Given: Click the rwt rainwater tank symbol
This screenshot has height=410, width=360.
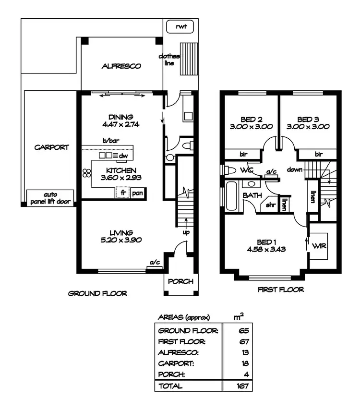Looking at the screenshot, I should pyautogui.click(x=180, y=27).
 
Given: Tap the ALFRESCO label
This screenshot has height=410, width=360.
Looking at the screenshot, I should pyautogui.click(x=121, y=66).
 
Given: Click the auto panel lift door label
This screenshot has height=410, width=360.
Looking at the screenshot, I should pyautogui.click(x=50, y=199).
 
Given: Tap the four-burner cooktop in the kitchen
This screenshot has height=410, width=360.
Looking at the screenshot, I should pyautogui.click(x=86, y=174).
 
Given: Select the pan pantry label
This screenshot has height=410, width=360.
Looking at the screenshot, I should pyautogui.click(x=137, y=193).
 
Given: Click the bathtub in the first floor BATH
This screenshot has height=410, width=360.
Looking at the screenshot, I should pyautogui.click(x=231, y=196).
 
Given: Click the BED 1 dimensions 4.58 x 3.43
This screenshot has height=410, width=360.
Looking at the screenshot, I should pyautogui.click(x=265, y=249).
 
